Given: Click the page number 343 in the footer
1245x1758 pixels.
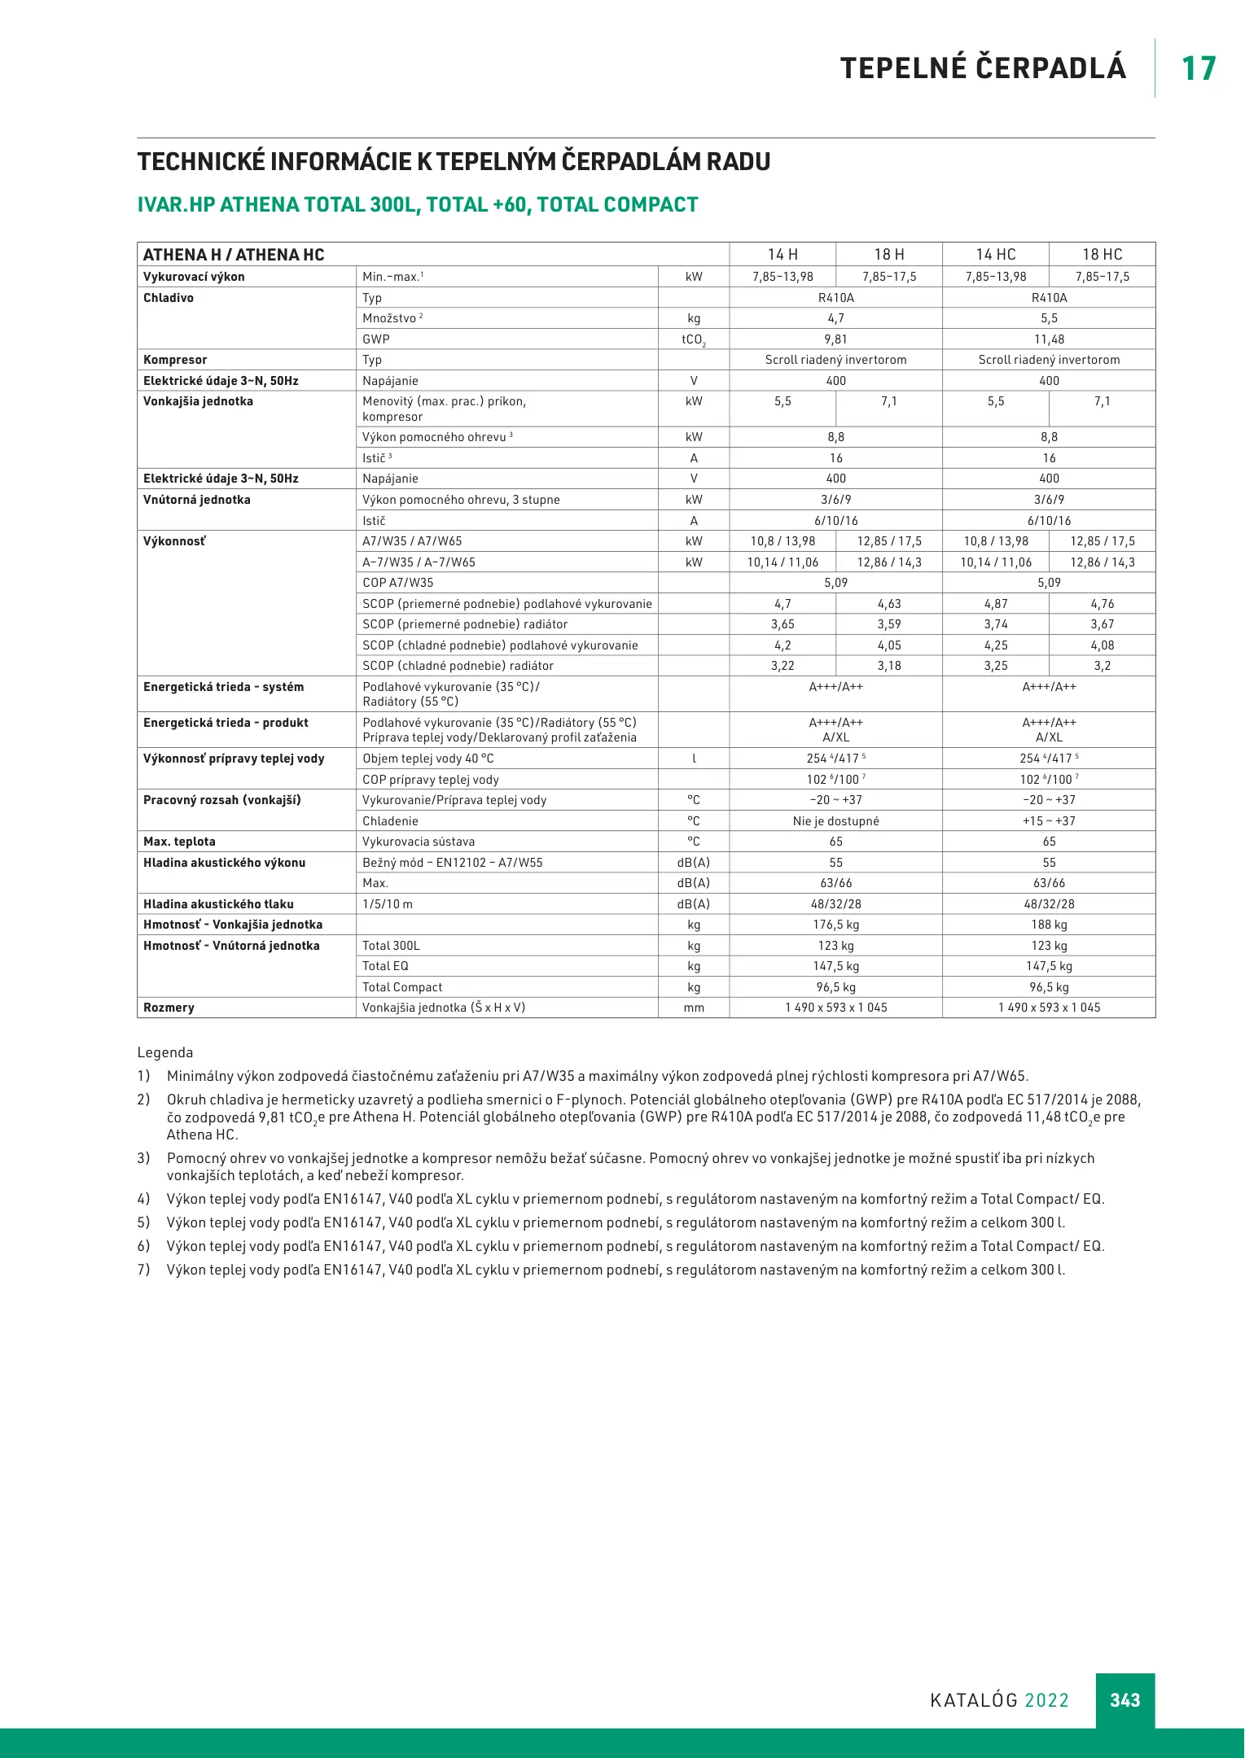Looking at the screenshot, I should [1124, 1700].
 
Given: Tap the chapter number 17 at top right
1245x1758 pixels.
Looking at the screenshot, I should [1199, 68].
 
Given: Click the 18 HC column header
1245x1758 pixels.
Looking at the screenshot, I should [1102, 255].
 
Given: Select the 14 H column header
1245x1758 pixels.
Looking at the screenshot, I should [783, 255].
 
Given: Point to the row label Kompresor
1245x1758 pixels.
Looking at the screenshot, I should [175, 360].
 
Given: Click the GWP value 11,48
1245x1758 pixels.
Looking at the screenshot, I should [1049, 339].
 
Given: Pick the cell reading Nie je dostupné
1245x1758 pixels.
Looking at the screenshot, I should [835, 821].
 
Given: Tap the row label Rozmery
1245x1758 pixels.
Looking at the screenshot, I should [169, 1008].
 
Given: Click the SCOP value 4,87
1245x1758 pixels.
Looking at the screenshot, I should [995, 604].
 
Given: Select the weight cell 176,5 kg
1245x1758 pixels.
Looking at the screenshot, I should [835, 925].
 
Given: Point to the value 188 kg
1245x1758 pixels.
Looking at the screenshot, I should [1049, 925].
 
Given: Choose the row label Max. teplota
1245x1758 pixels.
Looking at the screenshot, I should [179, 842].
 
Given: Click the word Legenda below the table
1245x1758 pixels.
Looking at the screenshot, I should [165, 1052].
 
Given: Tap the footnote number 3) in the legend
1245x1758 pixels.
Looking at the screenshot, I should [143, 1158].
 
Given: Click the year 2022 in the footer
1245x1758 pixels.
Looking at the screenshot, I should [1046, 1700].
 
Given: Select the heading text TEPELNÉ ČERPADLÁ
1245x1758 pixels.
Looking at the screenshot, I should [983, 68].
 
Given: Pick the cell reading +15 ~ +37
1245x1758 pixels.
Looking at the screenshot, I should [1049, 821].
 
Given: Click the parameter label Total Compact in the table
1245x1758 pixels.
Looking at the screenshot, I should [402, 987].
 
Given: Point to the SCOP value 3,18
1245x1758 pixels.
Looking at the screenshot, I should [889, 666].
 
